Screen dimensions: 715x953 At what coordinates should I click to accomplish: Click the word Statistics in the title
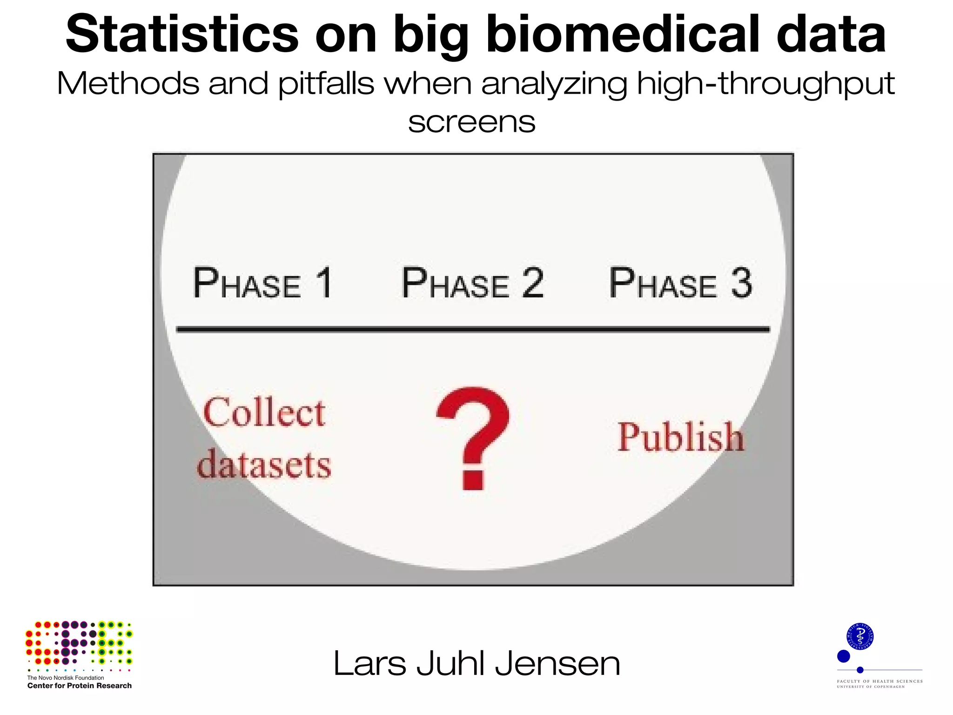click(x=182, y=35)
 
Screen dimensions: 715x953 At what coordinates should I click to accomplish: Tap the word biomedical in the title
click(x=623, y=35)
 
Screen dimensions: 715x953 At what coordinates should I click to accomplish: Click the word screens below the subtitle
click(x=471, y=122)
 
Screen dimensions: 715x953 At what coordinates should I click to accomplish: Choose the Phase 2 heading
click(x=472, y=283)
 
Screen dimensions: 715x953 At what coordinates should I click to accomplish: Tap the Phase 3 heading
click(x=680, y=283)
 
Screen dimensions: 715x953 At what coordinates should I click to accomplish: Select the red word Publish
click(x=680, y=438)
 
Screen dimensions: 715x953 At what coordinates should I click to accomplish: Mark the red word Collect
click(x=264, y=412)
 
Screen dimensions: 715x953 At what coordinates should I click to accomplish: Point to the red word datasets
click(x=264, y=464)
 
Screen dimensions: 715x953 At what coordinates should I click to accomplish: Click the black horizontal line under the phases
click(x=473, y=330)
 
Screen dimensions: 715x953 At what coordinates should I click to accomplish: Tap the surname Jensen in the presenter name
click(x=557, y=664)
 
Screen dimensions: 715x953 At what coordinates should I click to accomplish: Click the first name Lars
click(x=369, y=664)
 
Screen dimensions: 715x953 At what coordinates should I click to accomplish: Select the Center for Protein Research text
click(x=80, y=686)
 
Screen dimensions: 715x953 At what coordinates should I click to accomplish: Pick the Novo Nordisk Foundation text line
click(x=66, y=678)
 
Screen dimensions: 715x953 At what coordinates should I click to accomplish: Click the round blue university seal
click(x=860, y=636)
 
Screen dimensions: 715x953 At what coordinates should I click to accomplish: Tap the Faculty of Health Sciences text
click(x=879, y=681)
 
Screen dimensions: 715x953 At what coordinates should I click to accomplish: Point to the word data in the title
click(x=831, y=35)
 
